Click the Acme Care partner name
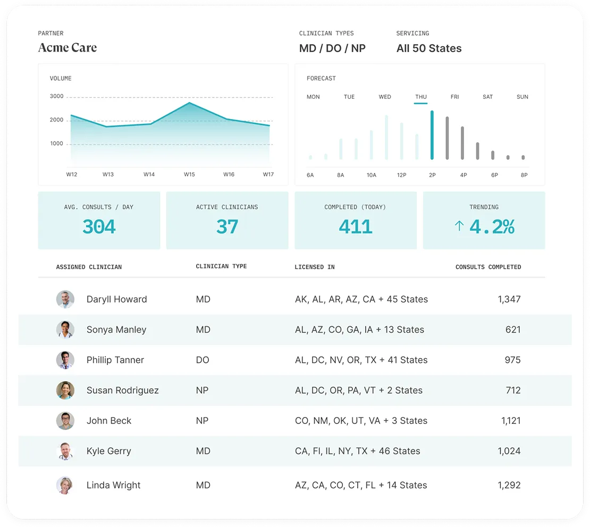tap(68, 48)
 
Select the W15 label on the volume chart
tap(189, 174)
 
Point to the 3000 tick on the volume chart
tap(57, 97)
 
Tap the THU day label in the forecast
tap(420, 97)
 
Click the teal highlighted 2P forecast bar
tap(432, 135)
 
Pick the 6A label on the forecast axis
tap(310, 175)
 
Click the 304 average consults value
tap(99, 227)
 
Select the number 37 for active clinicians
tap(227, 227)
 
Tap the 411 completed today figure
tap(356, 227)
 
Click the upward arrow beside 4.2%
tap(459, 226)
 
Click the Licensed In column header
tap(315, 267)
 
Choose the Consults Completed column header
tap(488, 267)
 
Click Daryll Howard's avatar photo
tap(65, 299)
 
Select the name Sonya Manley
tap(116, 329)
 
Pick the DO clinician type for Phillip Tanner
tap(203, 360)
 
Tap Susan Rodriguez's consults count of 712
tap(513, 390)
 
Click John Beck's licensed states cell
tap(361, 420)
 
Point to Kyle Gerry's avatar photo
tap(65, 451)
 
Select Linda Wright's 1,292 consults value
tap(509, 485)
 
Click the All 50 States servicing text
tap(429, 48)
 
